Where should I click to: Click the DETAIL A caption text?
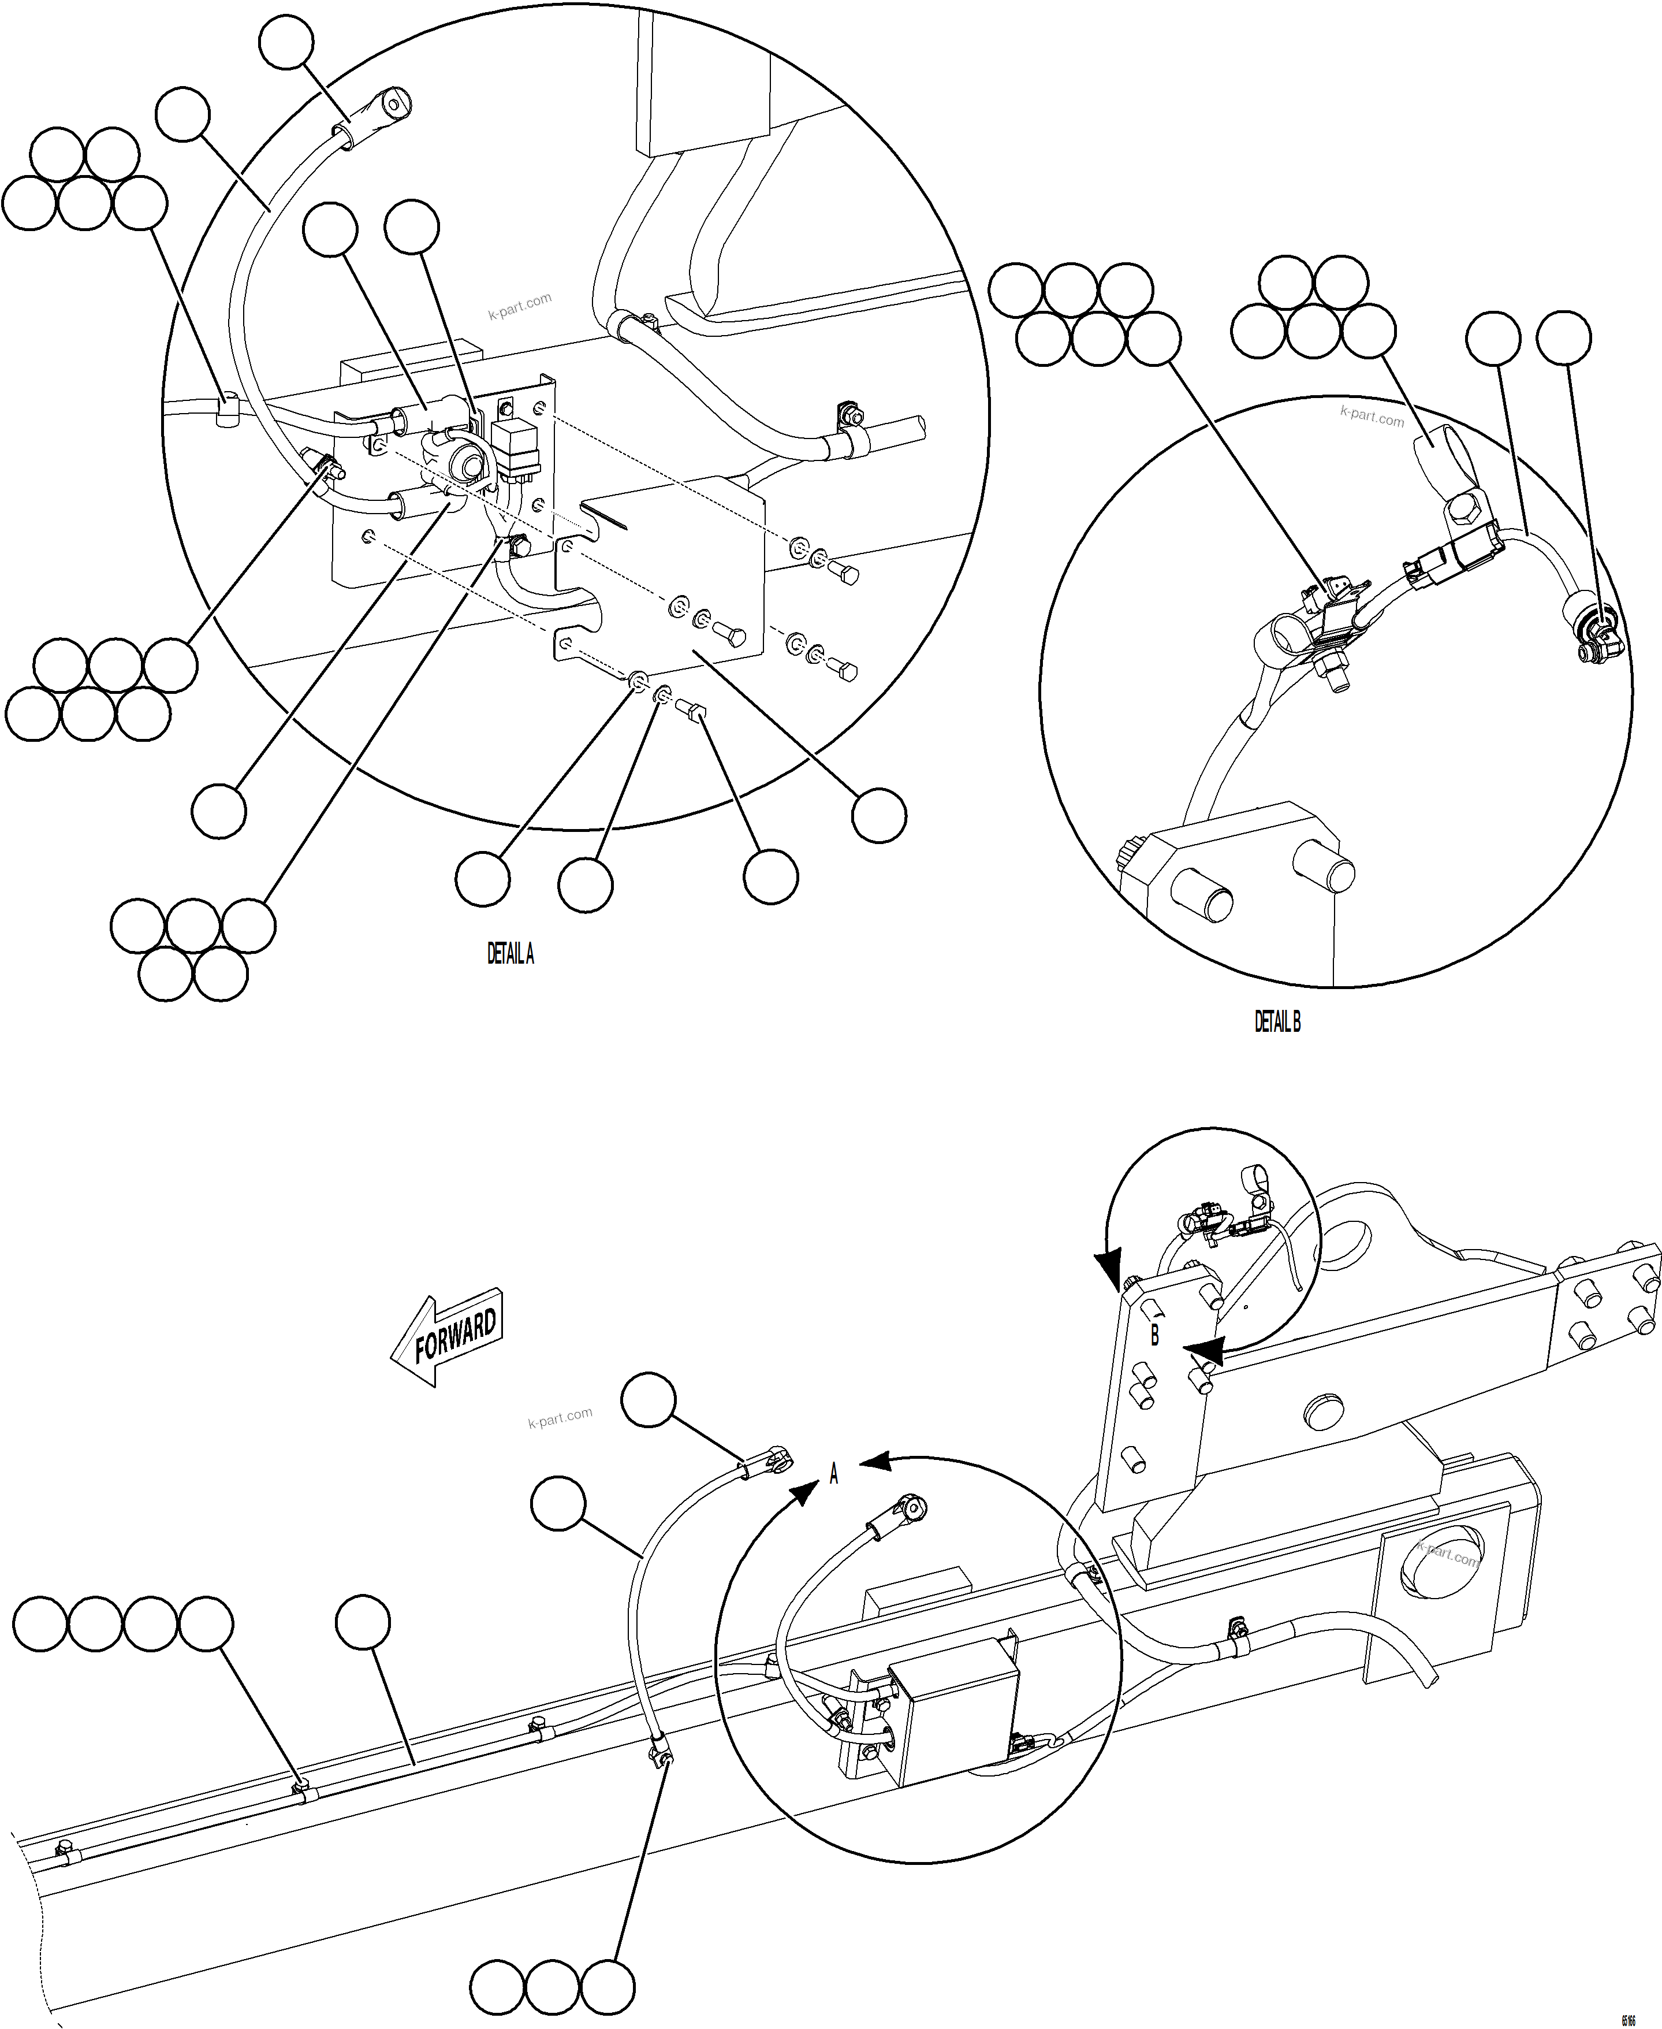tap(510, 954)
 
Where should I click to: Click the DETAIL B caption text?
tap(1277, 1023)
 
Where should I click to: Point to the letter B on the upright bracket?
tap(1154, 1335)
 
